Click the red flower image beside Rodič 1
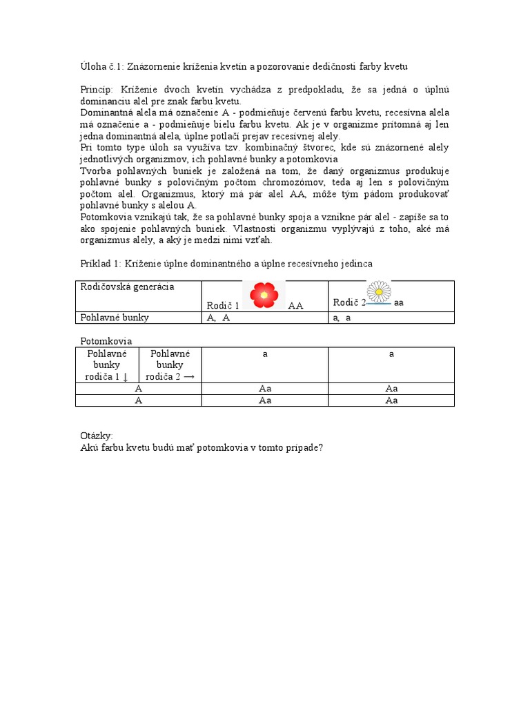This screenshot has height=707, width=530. [264, 295]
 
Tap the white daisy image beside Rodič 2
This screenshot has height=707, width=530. [379, 292]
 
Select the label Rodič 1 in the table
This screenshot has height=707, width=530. [222, 305]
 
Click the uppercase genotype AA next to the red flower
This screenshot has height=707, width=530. [295, 305]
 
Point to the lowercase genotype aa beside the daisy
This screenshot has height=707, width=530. [399, 303]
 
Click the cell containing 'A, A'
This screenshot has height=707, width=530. [218, 318]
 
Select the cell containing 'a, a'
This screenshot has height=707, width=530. [342, 318]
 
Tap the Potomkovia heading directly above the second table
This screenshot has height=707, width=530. [106, 341]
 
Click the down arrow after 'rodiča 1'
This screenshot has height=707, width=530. [125, 376]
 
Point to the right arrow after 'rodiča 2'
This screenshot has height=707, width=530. [187, 376]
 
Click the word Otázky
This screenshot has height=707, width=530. [97, 436]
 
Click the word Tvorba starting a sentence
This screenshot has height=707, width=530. [95, 171]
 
